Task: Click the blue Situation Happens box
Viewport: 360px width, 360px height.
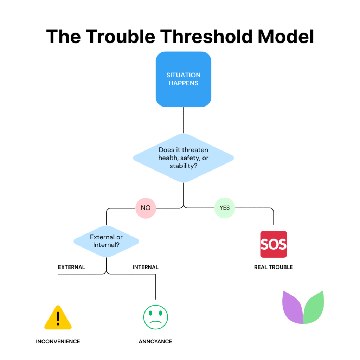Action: point(183,79)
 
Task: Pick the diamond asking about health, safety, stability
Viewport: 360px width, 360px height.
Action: point(183,158)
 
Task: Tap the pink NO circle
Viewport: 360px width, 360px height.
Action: point(146,208)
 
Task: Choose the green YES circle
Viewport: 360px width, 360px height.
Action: point(225,208)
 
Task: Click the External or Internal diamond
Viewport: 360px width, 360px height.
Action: point(106,241)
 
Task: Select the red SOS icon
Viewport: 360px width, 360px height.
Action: point(274,244)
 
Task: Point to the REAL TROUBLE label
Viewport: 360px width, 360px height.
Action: point(274,267)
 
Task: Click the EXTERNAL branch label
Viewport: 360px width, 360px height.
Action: point(71,267)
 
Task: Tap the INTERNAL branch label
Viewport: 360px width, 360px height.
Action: point(146,267)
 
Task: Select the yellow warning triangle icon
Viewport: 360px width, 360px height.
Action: point(58,319)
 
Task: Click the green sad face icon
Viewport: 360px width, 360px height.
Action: point(155,317)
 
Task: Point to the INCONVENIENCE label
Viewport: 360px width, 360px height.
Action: point(58,341)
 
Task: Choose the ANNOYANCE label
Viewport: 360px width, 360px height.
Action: point(155,341)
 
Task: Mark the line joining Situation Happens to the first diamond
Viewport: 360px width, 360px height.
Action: point(183,120)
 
